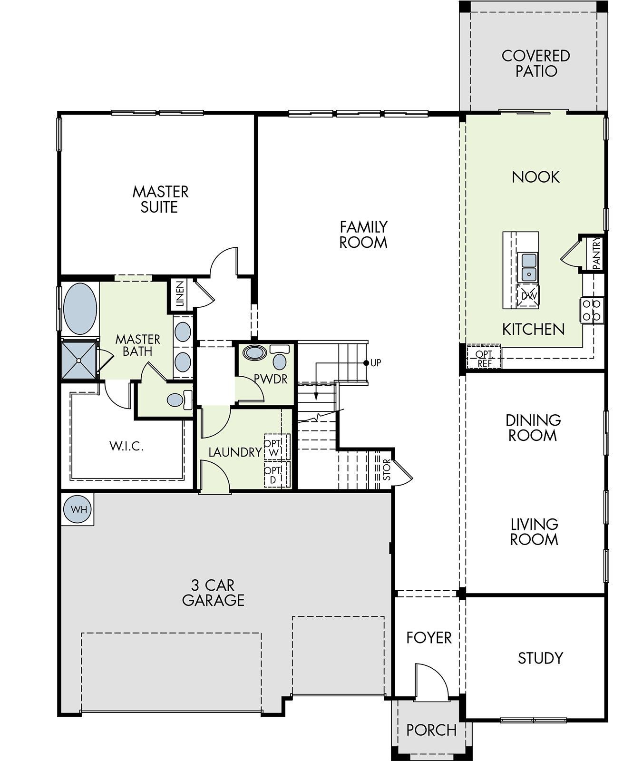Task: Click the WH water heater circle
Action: (x=79, y=509)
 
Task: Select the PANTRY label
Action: (x=596, y=253)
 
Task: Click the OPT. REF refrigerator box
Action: (x=484, y=358)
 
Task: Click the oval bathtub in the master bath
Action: (x=80, y=309)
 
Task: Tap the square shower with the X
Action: (x=79, y=360)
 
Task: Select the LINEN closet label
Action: (x=180, y=294)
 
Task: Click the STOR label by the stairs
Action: (x=386, y=469)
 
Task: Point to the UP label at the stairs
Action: (x=376, y=363)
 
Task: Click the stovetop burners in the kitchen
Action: (x=592, y=310)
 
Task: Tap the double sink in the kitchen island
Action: (x=529, y=267)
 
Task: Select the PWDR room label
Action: (x=270, y=380)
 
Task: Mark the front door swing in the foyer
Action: (x=431, y=680)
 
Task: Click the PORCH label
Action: (x=431, y=730)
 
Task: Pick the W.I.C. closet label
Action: (x=127, y=446)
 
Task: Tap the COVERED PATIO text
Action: (x=536, y=63)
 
